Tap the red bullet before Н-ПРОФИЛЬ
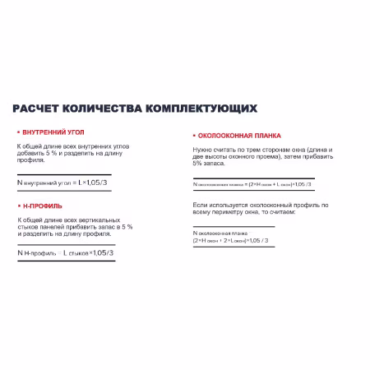(x=18, y=205)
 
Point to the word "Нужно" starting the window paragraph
(x=202, y=150)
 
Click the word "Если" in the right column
(x=200, y=204)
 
